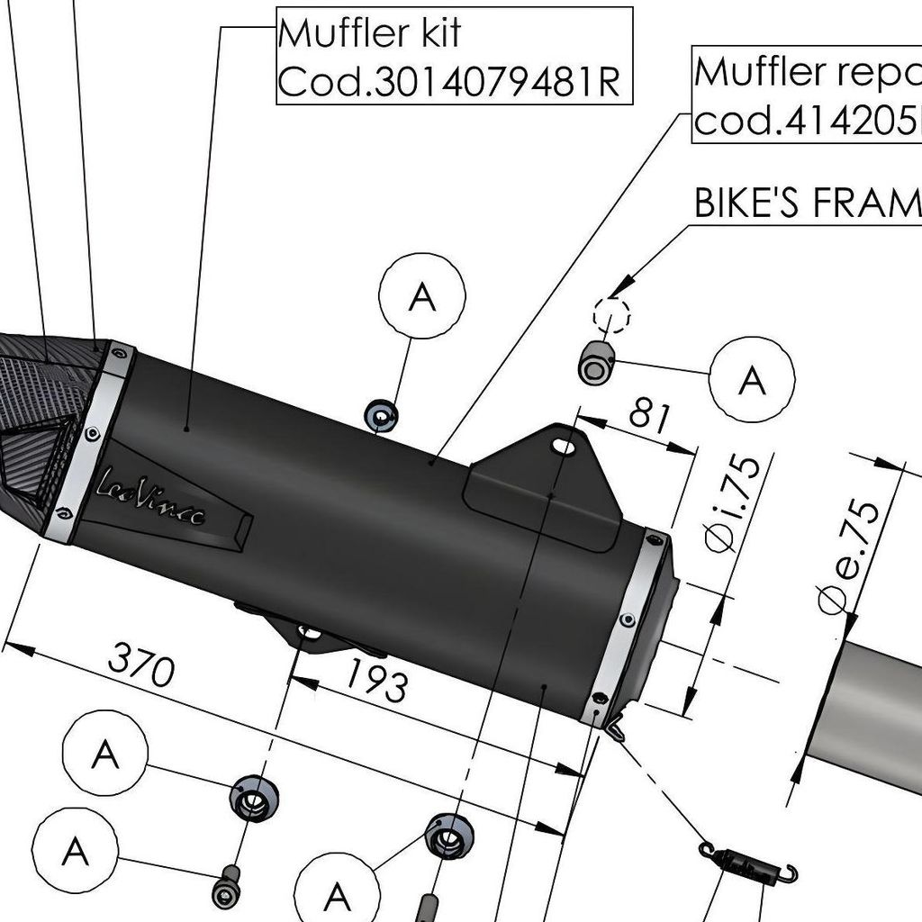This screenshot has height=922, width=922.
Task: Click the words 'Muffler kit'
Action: coord(369,34)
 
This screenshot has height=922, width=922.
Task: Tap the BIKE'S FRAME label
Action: coord(807,203)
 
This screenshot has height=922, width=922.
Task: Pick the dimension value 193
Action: coord(375,681)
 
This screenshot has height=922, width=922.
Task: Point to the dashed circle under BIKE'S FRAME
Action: coord(611,316)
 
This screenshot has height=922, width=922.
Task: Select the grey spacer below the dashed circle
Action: coord(595,363)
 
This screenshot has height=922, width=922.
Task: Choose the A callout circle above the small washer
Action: coord(422,295)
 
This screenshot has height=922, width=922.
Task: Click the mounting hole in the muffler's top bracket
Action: coord(564,445)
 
